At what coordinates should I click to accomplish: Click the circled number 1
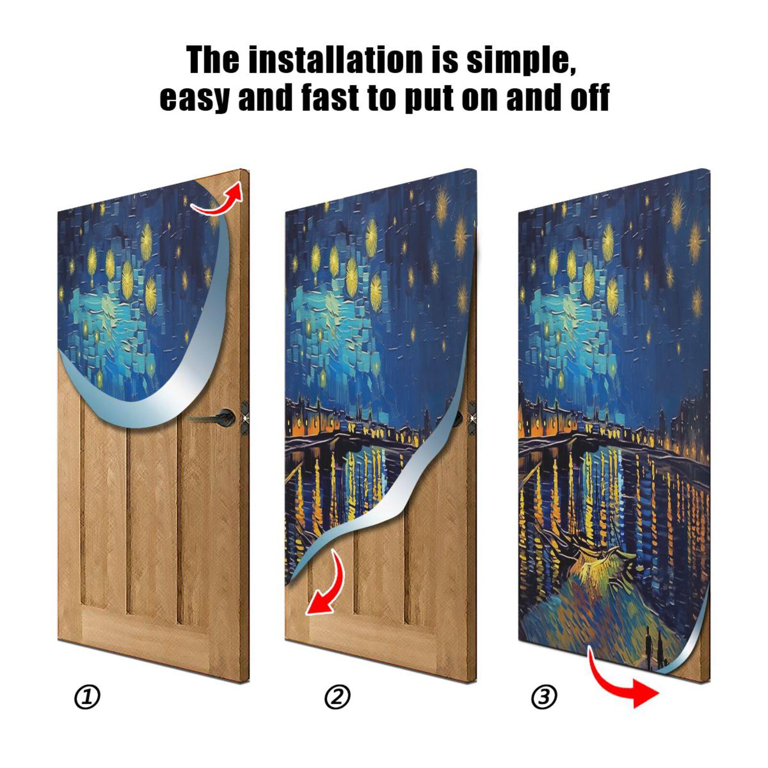point(87,697)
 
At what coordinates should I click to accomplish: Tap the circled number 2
point(337,697)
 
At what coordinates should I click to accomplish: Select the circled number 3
point(544,697)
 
